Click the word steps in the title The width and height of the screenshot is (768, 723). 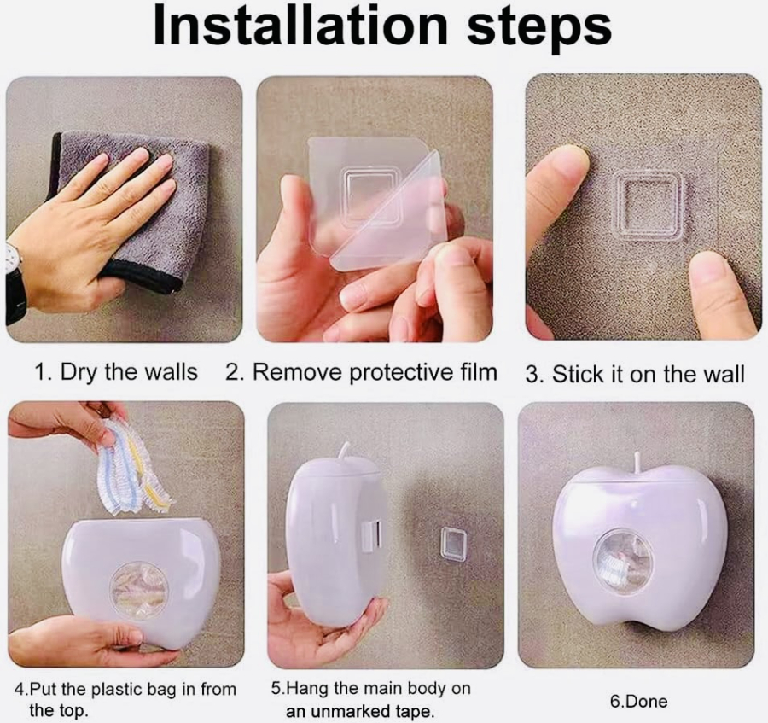[539, 28]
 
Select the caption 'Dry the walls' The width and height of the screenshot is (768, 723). [129, 372]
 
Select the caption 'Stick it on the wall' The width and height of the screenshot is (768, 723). [648, 375]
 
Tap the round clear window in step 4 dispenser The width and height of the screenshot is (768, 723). [140, 590]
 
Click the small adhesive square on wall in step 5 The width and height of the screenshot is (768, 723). [452, 543]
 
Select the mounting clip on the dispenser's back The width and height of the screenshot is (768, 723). [372, 534]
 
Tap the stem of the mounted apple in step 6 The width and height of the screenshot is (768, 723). [637, 462]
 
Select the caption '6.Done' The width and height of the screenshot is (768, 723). [638, 702]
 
